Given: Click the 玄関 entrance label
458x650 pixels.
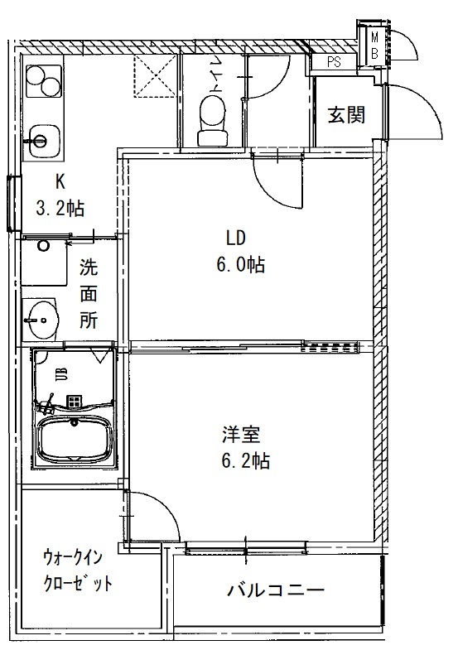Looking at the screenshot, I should coord(345,116).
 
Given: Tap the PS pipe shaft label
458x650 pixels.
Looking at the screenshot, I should coord(334,61).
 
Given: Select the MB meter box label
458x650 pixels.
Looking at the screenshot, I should coord(375,45).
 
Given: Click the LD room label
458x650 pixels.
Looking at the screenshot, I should coord(236,238).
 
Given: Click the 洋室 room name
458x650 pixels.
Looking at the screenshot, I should coord(236,433).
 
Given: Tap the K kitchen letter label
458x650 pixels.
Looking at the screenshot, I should coord(60,181).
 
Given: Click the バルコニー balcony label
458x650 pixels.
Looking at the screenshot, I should coord(275,590).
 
